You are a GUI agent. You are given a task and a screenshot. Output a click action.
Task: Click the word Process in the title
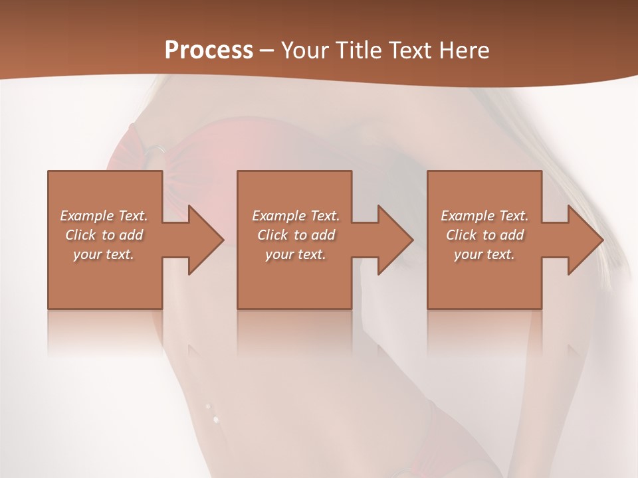coord(209,50)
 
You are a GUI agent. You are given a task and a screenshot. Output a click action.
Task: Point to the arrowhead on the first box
coord(203,240)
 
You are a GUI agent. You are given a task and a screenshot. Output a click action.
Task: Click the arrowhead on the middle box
coord(393,240)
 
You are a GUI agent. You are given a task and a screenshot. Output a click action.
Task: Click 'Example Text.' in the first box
coord(104,216)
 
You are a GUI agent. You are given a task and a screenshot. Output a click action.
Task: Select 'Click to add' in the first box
coord(104,235)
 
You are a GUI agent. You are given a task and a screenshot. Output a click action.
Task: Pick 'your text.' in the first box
coord(104,254)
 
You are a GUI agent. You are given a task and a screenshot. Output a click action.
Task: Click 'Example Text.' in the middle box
coord(295,216)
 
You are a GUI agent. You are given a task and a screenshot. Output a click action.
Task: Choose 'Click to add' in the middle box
coord(295,235)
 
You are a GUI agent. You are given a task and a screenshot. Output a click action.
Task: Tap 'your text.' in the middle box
coord(295,254)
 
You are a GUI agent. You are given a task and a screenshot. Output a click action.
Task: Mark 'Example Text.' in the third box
coord(484,216)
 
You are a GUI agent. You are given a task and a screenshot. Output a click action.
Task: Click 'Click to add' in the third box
coord(484,235)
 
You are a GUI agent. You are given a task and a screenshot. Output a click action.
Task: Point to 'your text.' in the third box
coord(484,254)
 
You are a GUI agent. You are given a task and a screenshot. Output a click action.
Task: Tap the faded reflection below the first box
coord(105,332)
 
